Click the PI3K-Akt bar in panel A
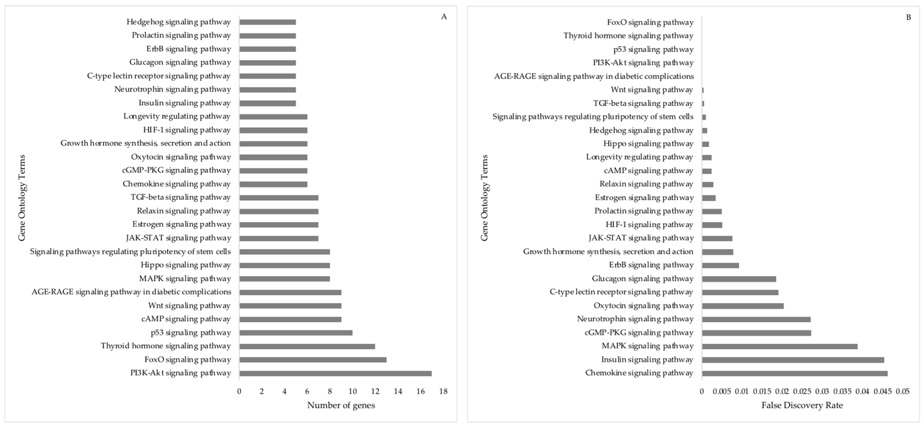pos(335,373)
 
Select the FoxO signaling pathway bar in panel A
pos(313,360)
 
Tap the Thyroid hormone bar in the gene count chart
pos(307,346)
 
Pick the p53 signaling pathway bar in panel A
pos(296,333)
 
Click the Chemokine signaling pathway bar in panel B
pos(794,373)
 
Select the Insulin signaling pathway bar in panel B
pos(793,360)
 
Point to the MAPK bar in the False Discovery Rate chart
pos(779,346)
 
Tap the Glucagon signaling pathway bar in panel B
pos(739,279)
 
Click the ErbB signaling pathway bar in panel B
pos(720,265)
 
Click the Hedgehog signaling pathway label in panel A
pos(179,22)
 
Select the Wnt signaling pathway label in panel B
pos(652,90)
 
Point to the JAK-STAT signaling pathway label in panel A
pos(178,238)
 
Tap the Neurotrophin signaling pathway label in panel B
pos(635,319)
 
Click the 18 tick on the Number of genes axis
pos(443,391)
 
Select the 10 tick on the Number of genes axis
pos(353,391)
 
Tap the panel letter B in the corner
pos(908,17)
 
